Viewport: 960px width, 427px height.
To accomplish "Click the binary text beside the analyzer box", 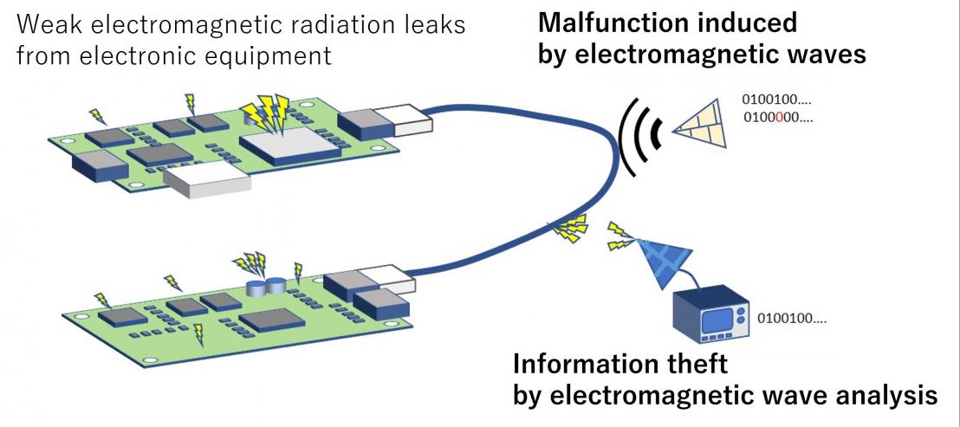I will pyautogui.click(x=792, y=318).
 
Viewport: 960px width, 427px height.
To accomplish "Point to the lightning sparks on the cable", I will pyautogui.click(x=569, y=229).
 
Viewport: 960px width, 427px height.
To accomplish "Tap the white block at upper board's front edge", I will pyautogui.click(x=207, y=181).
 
